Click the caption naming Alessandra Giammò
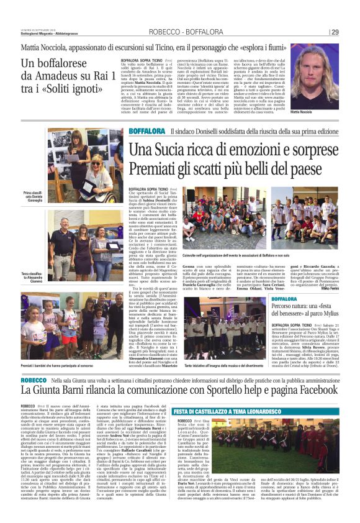pos(31,276)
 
